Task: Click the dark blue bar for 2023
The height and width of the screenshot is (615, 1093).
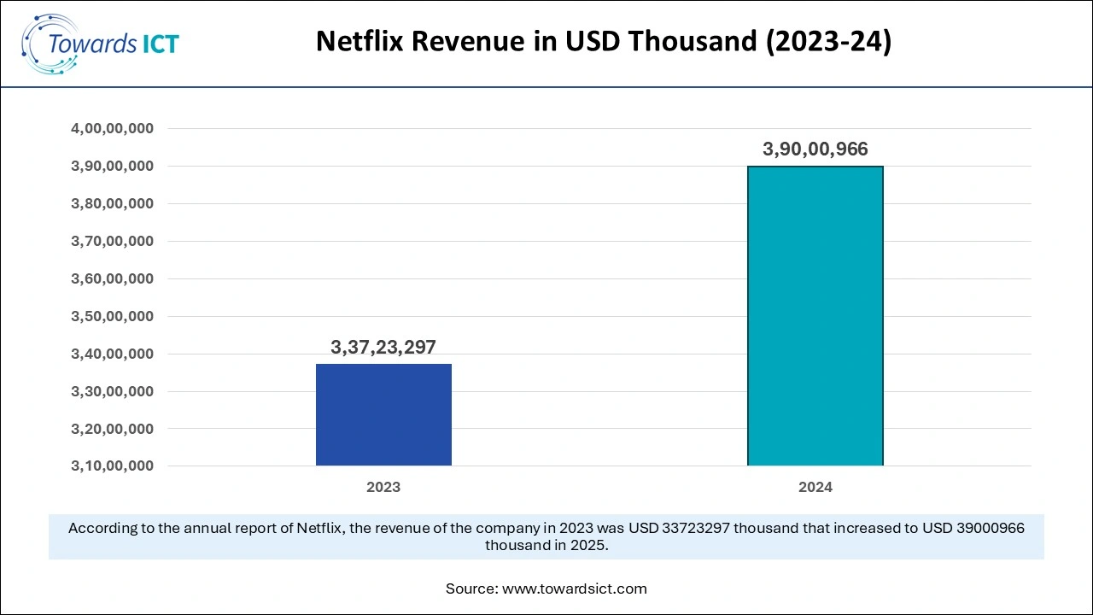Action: pos(383,414)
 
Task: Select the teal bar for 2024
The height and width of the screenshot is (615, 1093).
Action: pos(815,316)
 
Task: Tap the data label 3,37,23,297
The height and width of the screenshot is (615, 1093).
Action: pos(383,347)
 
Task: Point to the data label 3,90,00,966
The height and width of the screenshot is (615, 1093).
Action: pos(815,149)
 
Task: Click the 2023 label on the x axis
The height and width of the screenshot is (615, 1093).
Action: pos(383,488)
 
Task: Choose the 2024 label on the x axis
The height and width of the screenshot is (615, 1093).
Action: pos(815,488)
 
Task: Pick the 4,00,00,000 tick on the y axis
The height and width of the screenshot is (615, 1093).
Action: pos(112,129)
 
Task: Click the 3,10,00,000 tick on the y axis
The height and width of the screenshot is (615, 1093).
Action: pos(112,466)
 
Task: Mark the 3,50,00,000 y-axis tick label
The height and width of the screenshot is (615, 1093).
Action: pos(112,316)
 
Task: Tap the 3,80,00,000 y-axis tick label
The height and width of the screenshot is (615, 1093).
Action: pos(112,204)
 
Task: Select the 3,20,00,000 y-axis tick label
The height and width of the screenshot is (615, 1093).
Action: pos(112,429)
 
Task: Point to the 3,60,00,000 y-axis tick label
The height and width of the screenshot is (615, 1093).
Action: pos(112,278)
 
